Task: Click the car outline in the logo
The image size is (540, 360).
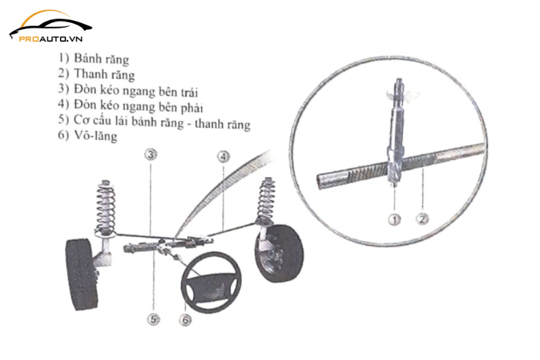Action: pyautogui.click(x=50, y=22)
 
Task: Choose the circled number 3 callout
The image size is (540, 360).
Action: pyautogui.click(x=151, y=155)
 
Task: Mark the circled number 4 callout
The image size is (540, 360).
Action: pyautogui.click(x=223, y=156)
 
